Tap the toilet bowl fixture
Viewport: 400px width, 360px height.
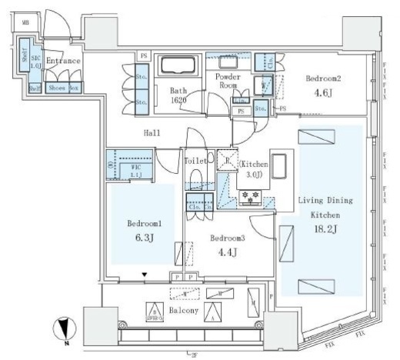coord(195,180)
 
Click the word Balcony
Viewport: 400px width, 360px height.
coord(184,311)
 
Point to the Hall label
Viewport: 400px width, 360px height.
coord(151,133)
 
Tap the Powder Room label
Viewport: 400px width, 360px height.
coord(228,82)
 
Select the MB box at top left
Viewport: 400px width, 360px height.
coord(25,22)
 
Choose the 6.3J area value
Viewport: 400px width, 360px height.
coord(145,238)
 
